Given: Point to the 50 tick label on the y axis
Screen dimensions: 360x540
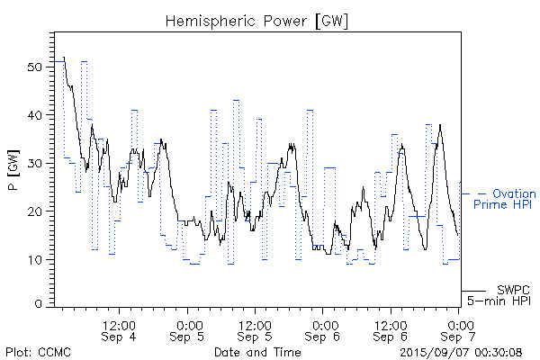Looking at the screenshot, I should [x=35, y=67].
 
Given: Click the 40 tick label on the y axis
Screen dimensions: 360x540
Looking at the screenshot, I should [x=35, y=115].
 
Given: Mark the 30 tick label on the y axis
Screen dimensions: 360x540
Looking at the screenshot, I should [x=35, y=164].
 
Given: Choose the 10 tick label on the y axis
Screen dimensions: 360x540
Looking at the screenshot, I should [x=35, y=260].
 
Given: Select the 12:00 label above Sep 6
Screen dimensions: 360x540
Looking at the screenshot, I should [x=390, y=323].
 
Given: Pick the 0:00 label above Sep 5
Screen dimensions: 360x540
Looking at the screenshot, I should [x=188, y=323].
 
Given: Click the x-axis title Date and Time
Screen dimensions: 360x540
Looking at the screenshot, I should [x=257, y=351].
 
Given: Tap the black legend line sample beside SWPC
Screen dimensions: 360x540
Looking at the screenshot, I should [x=474, y=291].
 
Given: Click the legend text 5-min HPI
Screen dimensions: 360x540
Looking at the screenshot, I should [x=499, y=301].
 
